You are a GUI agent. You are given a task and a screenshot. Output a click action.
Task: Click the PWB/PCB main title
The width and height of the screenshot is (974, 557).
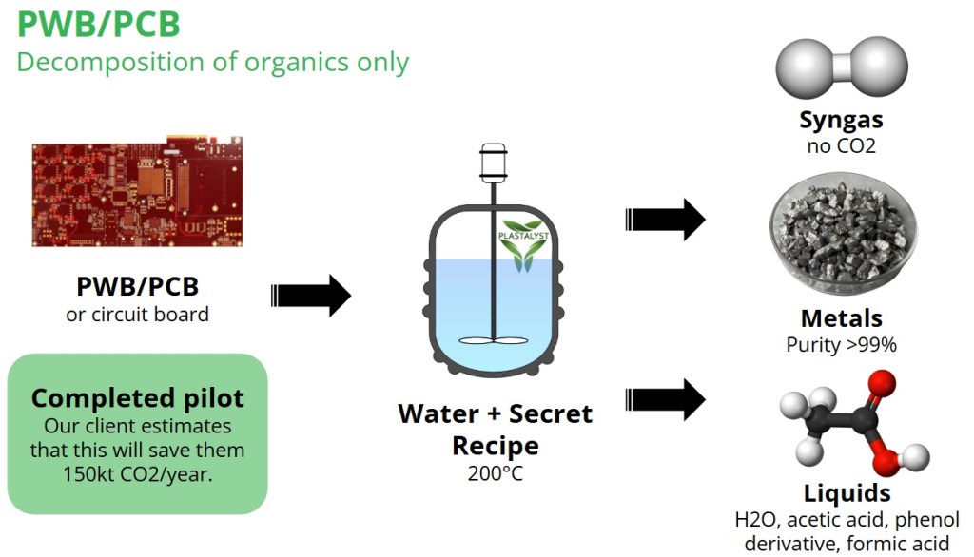point(98,23)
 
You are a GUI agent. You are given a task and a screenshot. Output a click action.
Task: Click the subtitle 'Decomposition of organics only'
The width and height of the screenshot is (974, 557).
point(213,63)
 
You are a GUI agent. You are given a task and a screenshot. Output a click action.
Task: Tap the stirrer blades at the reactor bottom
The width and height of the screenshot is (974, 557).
point(493,339)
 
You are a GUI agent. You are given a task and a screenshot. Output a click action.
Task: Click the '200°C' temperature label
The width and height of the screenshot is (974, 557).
point(494,472)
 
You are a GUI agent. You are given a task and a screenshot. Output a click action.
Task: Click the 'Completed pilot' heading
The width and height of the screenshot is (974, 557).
point(138,397)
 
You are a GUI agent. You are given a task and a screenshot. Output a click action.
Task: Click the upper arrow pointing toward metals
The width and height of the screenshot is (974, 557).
point(665,220)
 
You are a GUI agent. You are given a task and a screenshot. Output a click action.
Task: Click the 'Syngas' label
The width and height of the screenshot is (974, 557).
point(841,120)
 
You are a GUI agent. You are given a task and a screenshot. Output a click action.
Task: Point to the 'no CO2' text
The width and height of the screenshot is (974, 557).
point(841,145)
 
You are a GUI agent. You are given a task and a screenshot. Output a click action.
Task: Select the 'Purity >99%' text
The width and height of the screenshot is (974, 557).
point(841,345)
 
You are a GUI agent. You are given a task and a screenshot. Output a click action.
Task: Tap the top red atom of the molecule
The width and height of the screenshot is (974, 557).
point(882,385)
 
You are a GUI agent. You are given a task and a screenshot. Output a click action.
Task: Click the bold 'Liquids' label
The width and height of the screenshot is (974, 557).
point(847,493)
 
